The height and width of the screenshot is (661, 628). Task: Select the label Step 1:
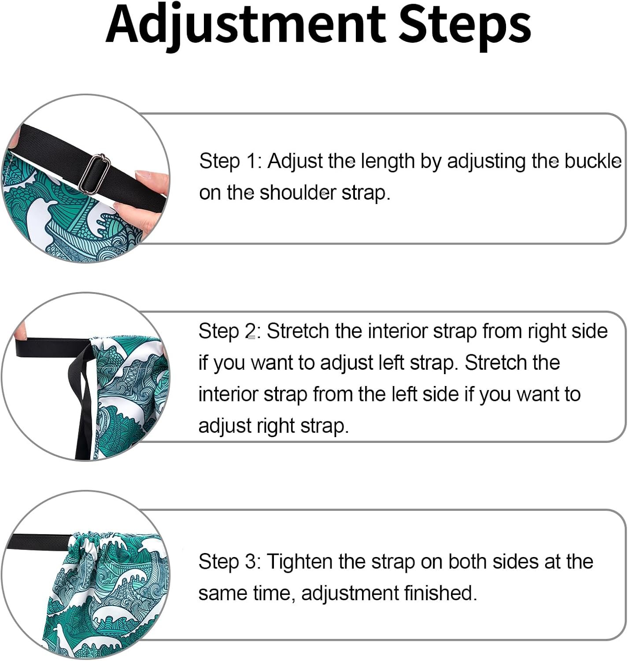[230, 161]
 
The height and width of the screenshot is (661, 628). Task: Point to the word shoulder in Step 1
[298, 193]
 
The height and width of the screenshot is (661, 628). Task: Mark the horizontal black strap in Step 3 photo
[39, 542]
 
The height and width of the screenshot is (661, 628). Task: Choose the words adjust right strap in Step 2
[274, 426]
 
